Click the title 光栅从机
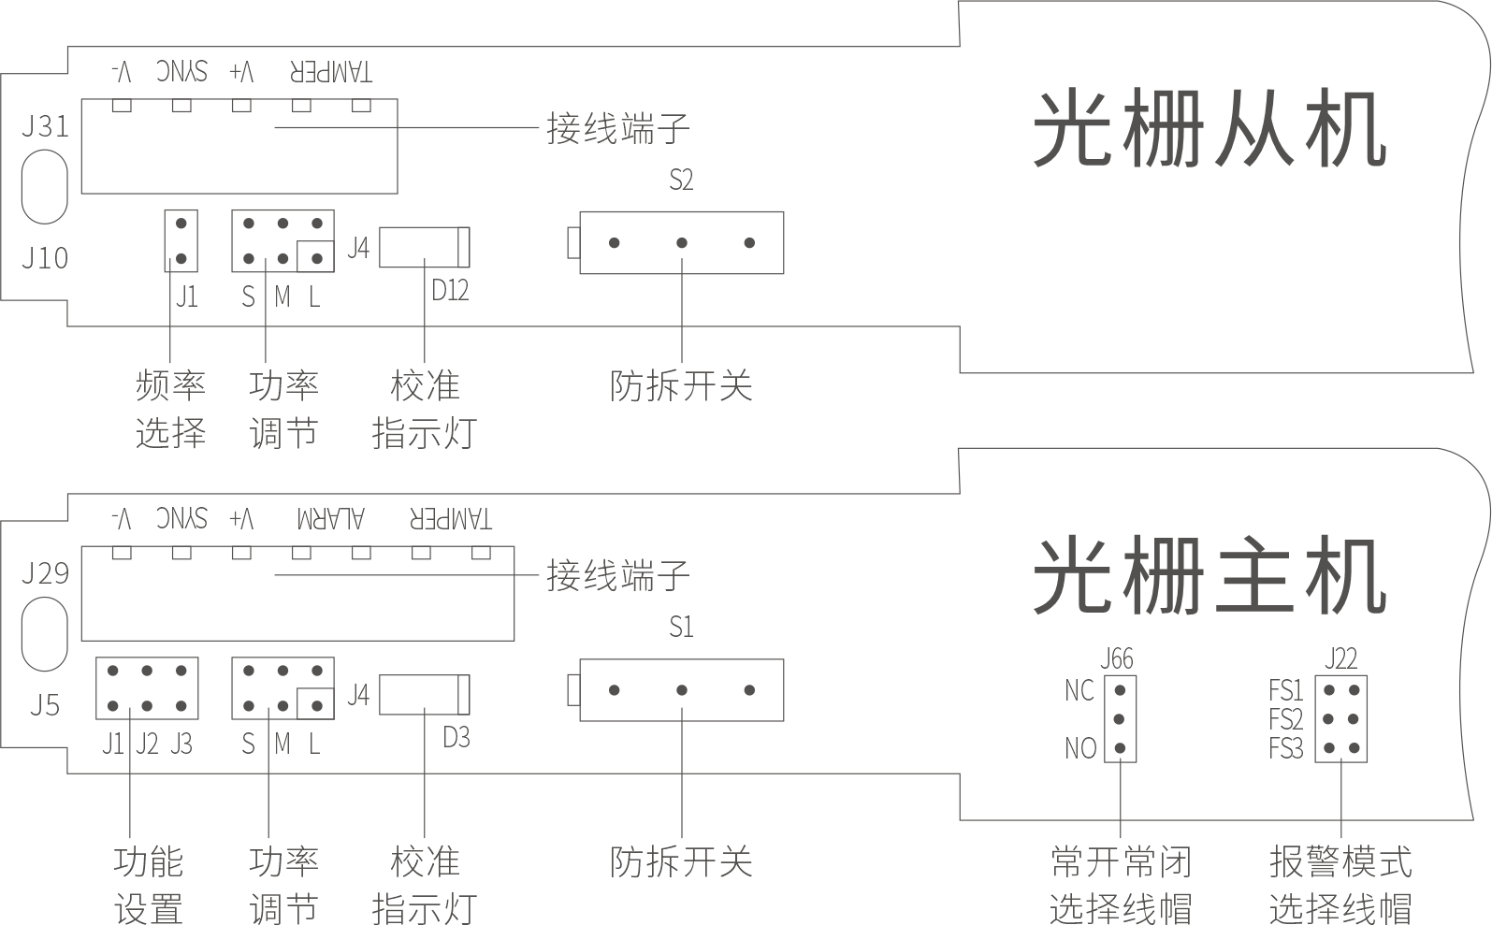1209,130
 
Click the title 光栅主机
1209,577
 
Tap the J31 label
44,125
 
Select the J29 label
44,572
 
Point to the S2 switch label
681,180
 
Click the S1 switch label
681,627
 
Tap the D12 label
450,291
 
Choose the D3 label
456,738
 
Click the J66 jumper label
1117,659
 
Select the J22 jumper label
1340,659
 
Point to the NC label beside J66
1079,691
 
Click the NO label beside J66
1079,748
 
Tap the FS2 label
1286,719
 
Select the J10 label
44,257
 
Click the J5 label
44,704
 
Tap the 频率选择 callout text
170,409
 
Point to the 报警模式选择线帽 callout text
1340,884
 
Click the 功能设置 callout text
148,884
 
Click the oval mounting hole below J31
44,189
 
